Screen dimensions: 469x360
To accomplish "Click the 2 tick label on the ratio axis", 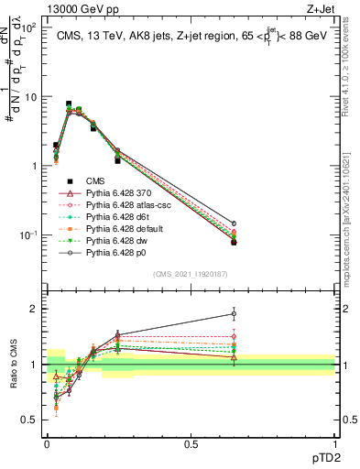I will (x=34, y=309).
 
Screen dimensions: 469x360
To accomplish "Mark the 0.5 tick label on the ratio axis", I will (x=29, y=420).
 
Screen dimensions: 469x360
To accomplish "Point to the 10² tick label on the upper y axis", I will (x=27, y=27).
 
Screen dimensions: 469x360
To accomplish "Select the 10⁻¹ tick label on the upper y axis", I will (x=27, y=235).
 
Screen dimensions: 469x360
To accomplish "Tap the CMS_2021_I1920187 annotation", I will (x=191, y=272).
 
